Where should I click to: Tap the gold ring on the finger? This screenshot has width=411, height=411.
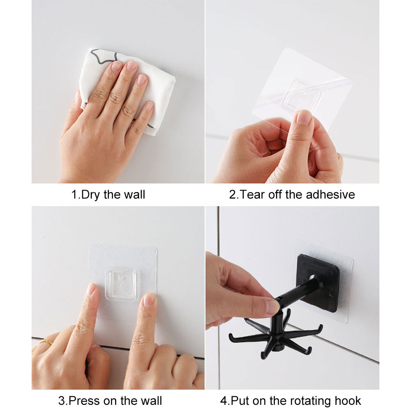[x=46, y=342]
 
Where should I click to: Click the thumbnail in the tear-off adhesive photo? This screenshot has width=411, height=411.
[x=304, y=117]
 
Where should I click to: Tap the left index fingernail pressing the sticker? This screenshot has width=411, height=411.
[x=90, y=290]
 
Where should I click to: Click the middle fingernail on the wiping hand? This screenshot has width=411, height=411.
[x=132, y=66]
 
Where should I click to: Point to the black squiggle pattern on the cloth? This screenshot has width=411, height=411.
[x=101, y=55]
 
